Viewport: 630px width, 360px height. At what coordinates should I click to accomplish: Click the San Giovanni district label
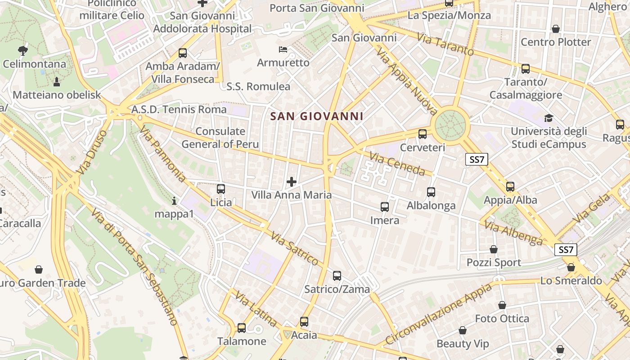point(316,117)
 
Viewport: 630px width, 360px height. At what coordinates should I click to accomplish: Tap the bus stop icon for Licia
point(220,189)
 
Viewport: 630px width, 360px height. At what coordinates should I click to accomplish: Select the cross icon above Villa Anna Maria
point(292,182)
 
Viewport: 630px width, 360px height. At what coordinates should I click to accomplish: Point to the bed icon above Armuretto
point(283,49)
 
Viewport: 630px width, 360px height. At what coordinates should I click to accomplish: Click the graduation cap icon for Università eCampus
point(549,118)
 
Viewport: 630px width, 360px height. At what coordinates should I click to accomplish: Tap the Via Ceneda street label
point(397,164)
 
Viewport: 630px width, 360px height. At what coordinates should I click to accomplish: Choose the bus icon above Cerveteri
point(422,134)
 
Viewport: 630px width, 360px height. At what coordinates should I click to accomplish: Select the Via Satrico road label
point(295,248)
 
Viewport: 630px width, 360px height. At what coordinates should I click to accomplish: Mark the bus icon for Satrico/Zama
point(337,276)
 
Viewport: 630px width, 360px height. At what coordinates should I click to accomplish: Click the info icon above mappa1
point(174,201)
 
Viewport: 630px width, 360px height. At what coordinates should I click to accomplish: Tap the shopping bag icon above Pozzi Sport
point(494,249)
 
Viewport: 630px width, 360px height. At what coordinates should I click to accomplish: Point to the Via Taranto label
point(445,44)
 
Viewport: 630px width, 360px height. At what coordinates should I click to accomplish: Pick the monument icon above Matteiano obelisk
point(57,82)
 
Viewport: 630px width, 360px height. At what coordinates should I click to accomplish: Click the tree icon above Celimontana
point(22,50)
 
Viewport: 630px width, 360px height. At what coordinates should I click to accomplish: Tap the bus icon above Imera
point(384,207)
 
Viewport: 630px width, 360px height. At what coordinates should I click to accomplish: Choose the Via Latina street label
point(256,310)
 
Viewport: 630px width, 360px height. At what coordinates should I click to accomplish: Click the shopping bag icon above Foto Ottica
point(502,306)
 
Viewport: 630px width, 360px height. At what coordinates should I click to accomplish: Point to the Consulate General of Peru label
point(220,138)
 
